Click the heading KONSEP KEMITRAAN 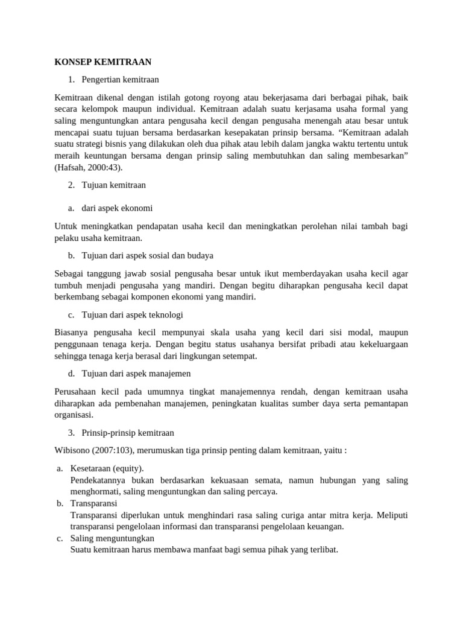tap(103, 62)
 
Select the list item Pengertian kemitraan tap(120, 79)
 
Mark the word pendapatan tap(151, 226)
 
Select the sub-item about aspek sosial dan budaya tap(147, 256)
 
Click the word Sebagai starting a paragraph tap(71, 273)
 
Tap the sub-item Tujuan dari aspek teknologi tap(132, 315)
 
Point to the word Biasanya tap(73, 333)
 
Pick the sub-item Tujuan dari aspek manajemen tap(136, 374)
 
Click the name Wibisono tap(73, 450)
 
